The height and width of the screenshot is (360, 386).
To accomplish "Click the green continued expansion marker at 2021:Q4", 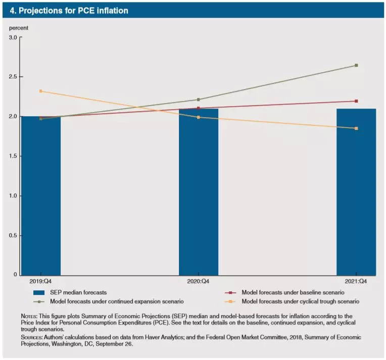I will click(356, 65).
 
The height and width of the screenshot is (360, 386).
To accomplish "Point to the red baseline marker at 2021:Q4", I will click(356, 101).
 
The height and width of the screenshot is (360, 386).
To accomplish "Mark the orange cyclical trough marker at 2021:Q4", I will click(356, 128).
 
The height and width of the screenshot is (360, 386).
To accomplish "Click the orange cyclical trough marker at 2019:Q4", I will click(41, 91).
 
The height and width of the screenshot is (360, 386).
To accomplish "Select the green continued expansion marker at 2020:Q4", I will click(199, 99).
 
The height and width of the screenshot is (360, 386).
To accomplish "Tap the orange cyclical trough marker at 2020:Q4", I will click(199, 117).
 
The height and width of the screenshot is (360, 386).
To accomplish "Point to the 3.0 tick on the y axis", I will click(14, 37).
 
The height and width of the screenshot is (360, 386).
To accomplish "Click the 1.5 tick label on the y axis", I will click(14, 156).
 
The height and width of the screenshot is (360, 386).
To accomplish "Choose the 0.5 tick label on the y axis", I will click(14, 235).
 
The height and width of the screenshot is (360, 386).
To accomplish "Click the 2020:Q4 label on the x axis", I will click(199, 281).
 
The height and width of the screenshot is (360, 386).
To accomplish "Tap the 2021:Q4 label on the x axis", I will click(356, 281).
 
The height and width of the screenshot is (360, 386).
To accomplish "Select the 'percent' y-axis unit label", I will click(19, 27).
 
